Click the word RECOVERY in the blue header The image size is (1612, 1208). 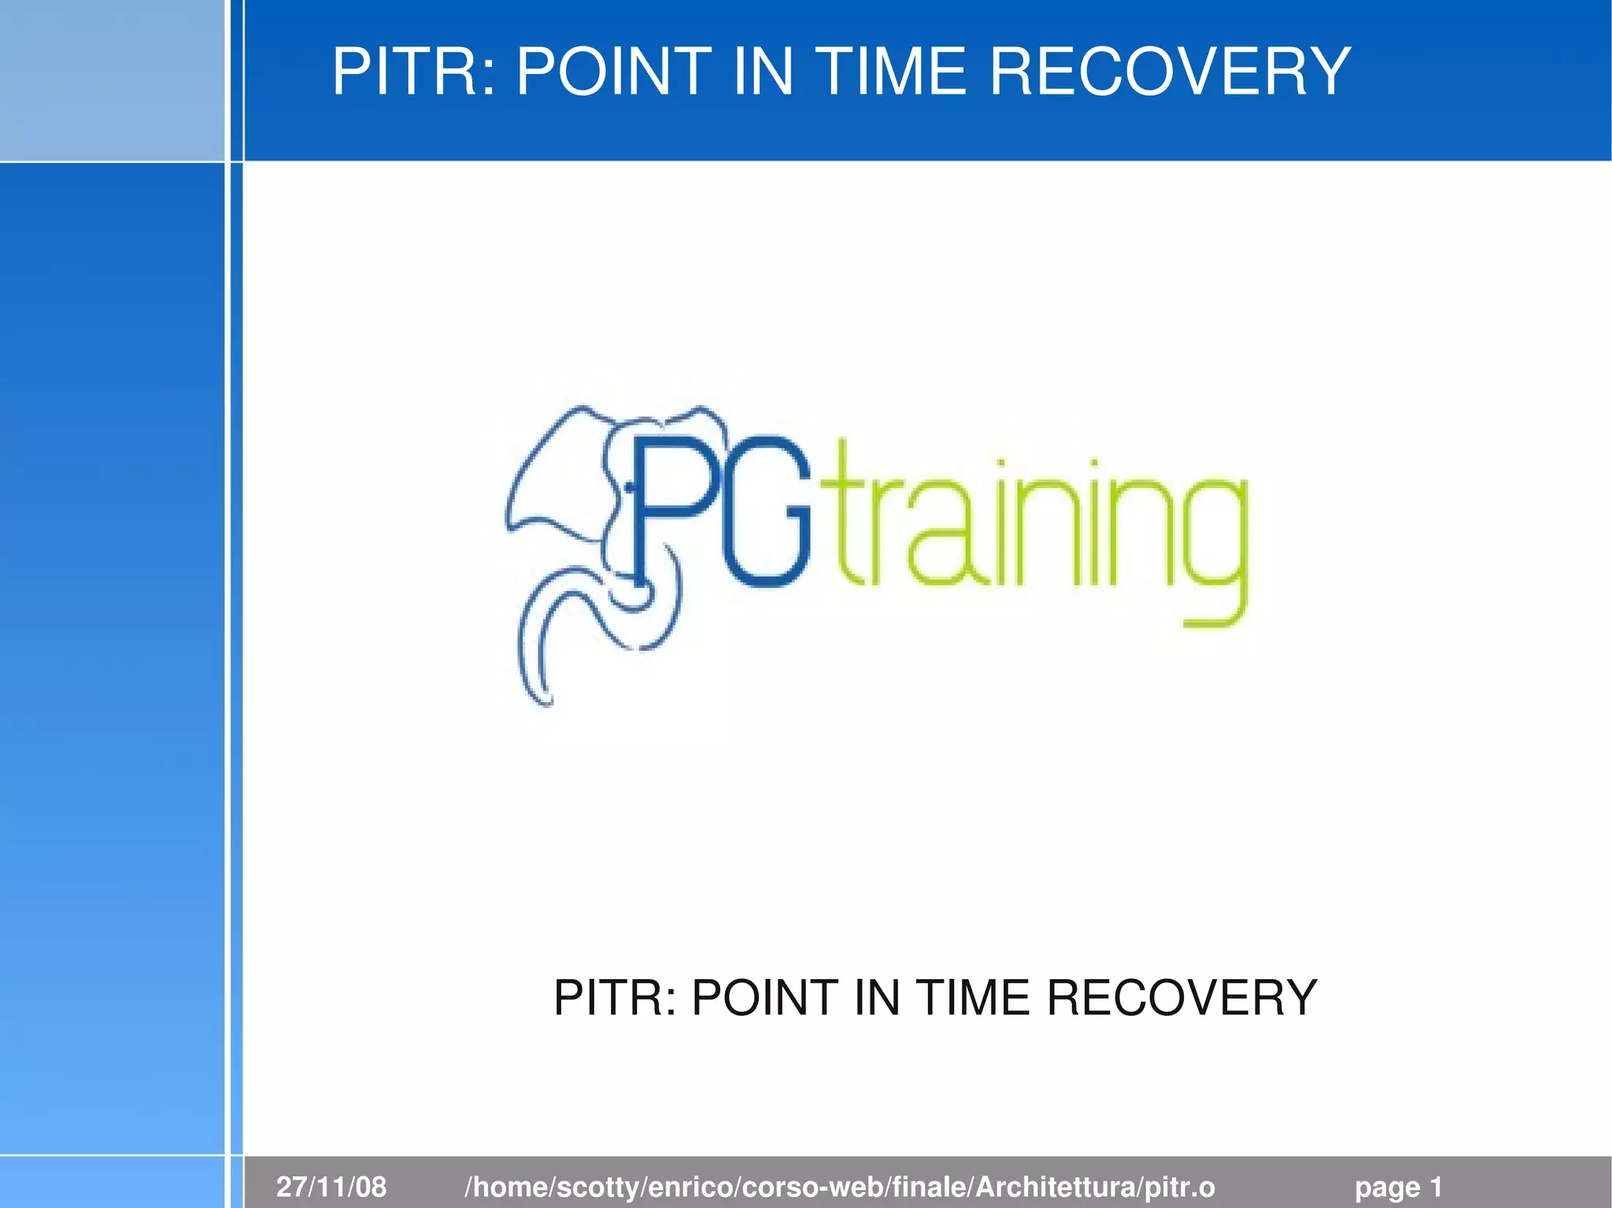coord(1170,72)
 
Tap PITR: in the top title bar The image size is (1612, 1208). coord(415,72)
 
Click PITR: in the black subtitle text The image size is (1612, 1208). coord(615,998)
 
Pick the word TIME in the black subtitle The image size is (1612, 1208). coord(974,998)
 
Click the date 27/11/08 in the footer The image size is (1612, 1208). coord(331,1187)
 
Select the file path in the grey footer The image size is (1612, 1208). coord(840,1187)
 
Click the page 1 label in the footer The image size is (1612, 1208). coord(1398,1187)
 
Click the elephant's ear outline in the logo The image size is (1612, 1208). coord(551,480)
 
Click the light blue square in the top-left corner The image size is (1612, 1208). coord(112,79)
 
